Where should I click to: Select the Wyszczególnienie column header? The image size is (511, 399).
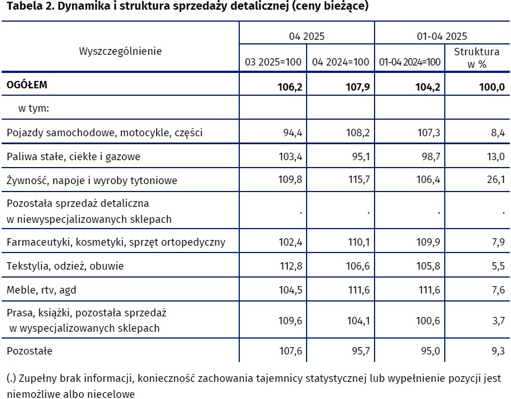[120, 51]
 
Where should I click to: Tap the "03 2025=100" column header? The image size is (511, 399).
[273, 62]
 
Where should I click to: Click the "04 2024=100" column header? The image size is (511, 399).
[340, 62]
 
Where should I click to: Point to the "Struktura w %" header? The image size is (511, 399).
[477, 58]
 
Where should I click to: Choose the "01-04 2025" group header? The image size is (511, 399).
[441, 36]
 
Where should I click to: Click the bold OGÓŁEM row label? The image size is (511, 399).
[27, 85]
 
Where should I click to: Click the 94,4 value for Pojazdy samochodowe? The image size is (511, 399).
[292, 133]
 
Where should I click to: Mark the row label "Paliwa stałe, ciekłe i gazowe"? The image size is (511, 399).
[73, 156]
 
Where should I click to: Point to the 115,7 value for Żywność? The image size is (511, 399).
[358, 180]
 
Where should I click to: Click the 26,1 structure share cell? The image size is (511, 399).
[494, 180]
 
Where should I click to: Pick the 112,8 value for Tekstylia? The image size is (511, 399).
[290, 266]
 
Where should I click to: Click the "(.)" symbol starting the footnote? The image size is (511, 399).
[11, 378]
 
